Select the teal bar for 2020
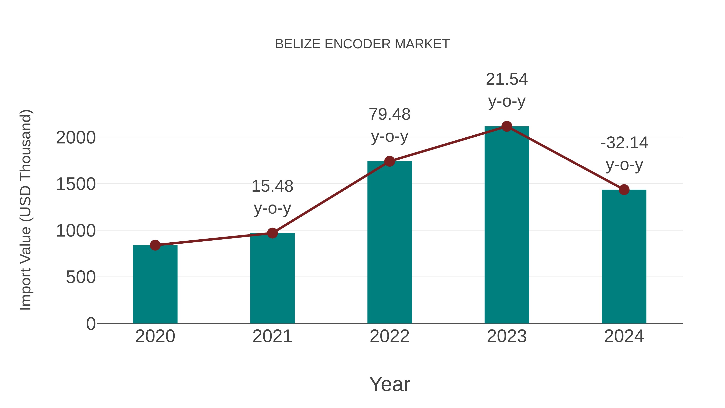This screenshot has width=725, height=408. coord(155,284)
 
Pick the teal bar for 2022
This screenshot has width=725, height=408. coord(389,242)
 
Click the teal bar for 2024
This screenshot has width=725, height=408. coord(624,256)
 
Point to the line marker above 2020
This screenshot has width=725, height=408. coord(155,245)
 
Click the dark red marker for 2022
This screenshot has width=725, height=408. coord(389,161)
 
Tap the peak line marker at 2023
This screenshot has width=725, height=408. coord(507,126)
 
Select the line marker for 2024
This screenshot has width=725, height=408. coord(624,190)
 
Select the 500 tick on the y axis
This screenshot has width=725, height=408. coord(81,277)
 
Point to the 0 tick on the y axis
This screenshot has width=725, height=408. coord(91,324)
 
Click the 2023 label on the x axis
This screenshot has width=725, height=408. coord(507,336)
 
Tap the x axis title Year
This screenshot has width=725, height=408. coord(389,384)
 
